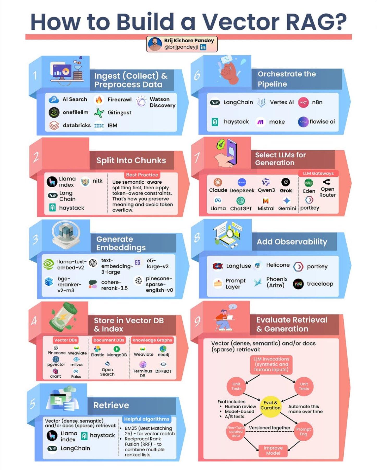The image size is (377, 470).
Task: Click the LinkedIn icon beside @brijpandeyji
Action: [203, 47]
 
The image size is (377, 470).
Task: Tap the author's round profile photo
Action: [155, 44]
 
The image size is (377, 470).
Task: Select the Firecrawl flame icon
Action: [99, 100]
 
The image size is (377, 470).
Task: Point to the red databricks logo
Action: [54, 125]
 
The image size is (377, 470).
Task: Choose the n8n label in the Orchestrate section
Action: [317, 102]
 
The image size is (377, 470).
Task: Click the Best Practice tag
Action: [142, 175]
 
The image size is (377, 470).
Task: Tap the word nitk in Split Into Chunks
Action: [97, 181]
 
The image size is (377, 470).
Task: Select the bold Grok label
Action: [286, 191]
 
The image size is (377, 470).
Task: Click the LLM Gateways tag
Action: [318, 173]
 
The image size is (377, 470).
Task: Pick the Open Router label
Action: [327, 192]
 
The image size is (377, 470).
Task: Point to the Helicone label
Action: [278, 265]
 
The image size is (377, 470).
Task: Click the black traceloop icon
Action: [298, 284]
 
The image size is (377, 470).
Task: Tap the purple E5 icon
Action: [138, 262]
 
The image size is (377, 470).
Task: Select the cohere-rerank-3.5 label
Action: [114, 285]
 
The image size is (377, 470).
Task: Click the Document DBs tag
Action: [109, 340]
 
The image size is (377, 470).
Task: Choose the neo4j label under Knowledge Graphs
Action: [163, 355]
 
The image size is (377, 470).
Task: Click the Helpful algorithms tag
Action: [147, 419]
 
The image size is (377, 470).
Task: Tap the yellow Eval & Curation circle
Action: [270, 405]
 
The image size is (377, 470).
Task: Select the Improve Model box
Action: [273, 450]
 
